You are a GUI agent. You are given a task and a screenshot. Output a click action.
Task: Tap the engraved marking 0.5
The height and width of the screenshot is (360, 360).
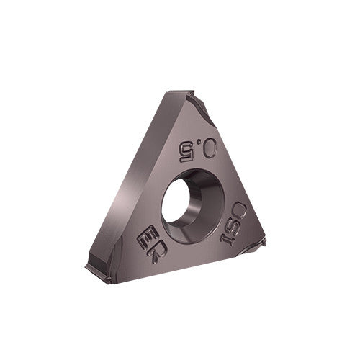tap(197, 148)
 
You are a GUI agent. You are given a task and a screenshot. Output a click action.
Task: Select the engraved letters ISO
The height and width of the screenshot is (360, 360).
tap(235, 223)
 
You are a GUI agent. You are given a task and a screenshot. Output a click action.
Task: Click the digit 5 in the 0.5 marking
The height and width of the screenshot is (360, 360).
tap(186, 150)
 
